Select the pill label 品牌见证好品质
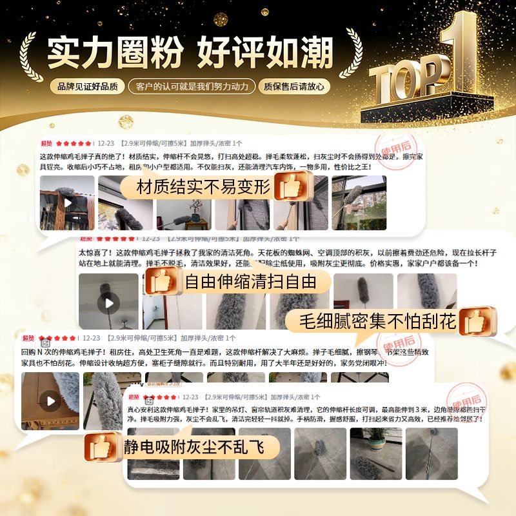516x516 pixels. [88, 86]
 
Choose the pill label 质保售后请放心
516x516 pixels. [293, 86]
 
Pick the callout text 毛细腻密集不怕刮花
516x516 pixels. [378, 321]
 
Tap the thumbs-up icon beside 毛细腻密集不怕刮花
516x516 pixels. [478, 321]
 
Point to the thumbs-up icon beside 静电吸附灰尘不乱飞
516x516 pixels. [103, 446]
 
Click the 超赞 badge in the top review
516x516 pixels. [46, 143]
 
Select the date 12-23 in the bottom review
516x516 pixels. [190, 397]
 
